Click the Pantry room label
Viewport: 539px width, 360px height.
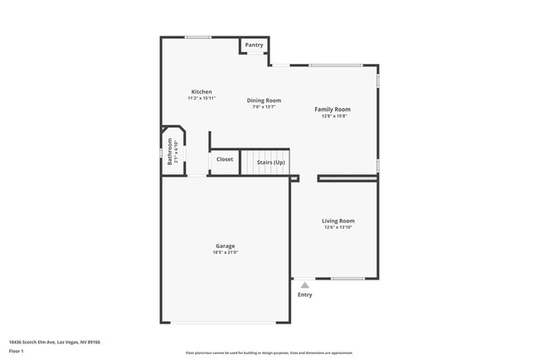coord(254,45)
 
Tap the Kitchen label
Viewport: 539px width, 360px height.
coord(202,92)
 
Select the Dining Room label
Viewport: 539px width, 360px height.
coord(264,100)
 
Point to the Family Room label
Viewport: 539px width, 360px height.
coord(332,109)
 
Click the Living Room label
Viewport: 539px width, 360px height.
coord(338,221)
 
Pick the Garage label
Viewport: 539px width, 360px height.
coord(225,246)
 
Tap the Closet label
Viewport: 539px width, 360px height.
coord(225,159)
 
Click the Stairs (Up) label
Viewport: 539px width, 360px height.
coord(270,162)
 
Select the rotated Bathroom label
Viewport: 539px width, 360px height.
coord(169,152)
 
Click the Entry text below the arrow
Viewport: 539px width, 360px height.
coord(305,294)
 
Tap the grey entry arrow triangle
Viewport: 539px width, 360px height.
coord(305,285)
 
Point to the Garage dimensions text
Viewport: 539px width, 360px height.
coord(225,252)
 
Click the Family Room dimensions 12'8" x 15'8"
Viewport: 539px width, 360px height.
coord(332,116)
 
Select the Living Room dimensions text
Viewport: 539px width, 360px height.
coord(338,227)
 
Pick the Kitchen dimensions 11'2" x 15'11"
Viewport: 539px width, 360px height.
coord(202,98)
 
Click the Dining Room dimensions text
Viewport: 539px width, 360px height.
coord(264,107)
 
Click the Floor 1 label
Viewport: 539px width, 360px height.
coord(17,351)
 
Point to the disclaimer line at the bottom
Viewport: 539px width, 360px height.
coord(269,353)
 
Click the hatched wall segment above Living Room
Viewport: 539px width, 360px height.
coord(347,178)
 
